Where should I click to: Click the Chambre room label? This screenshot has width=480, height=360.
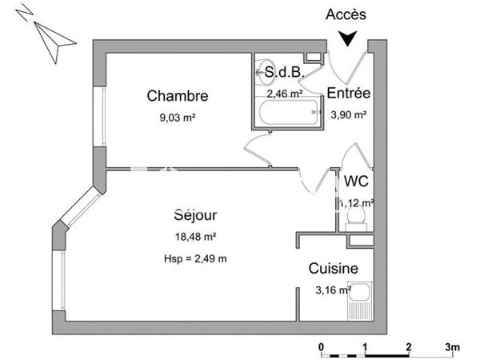(x=177, y=96)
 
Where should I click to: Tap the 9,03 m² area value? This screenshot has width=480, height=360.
(x=177, y=117)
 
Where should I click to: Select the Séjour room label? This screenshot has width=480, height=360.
(x=195, y=214)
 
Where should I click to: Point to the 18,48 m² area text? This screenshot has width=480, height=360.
(x=195, y=236)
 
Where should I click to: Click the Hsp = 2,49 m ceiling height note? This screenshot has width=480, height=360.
(x=194, y=258)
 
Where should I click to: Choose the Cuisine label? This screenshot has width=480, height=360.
(x=333, y=270)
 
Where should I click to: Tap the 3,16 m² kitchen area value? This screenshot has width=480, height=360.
(x=333, y=290)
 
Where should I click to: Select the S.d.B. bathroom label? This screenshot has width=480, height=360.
(x=284, y=73)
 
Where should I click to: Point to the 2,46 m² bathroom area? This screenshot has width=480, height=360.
(x=283, y=94)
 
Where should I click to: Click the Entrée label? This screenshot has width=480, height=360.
(x=349, y=94)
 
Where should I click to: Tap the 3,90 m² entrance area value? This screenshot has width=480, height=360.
(x=349, y=114)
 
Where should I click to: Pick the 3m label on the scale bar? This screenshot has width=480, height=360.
(x=453, y=347)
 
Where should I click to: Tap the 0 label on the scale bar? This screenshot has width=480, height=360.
(x=321, y=347)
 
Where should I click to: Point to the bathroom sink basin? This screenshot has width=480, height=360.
(x=265, y=73)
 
